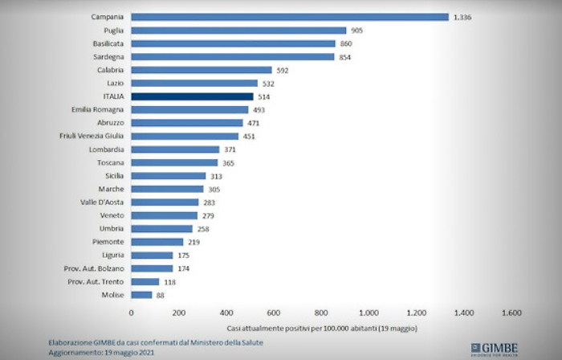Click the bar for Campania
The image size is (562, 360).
[x=289, y=17]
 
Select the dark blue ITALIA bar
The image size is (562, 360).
[x=192, y=96]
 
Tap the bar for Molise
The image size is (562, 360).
[x=141, y=295]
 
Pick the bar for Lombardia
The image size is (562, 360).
[x=175, y=149]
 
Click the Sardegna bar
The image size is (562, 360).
[x=232, y=57]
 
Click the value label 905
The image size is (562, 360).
[x=358, y=31]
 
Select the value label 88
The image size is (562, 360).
[x=161, y=295]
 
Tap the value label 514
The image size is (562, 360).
[x=264, y=96]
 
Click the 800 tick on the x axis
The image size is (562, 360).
[x=321, y=313]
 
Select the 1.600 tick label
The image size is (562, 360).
[x=511, y=313]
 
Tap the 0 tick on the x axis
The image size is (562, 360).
[x=131, y=313]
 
